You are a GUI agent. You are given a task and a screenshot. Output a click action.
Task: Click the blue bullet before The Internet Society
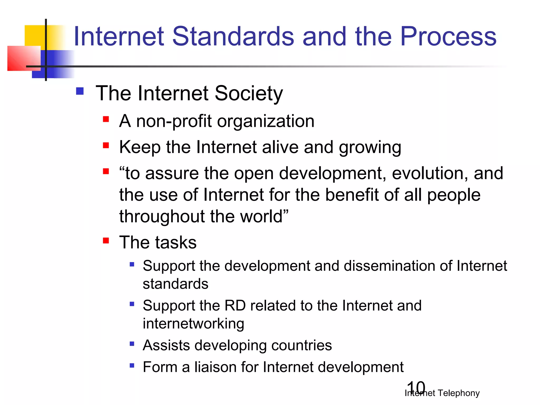[x=80, y=91]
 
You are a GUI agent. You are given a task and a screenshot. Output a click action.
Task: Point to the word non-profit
[x=174, y=121]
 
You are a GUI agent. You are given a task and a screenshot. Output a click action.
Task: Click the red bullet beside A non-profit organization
[x=106, y=119]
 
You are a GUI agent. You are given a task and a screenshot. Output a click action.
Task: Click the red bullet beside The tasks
[x=106, y=240]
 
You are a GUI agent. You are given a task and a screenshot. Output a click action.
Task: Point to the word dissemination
[x=390, y=266]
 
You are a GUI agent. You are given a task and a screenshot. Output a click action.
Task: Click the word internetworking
[x=193, y=324]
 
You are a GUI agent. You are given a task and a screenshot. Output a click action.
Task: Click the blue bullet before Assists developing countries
[x=132, y=344]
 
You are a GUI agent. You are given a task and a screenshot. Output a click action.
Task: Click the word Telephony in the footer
[x=459, y=393]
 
